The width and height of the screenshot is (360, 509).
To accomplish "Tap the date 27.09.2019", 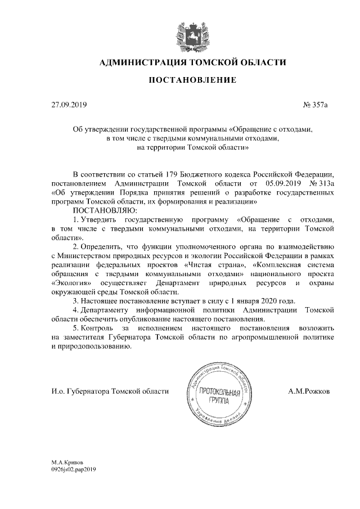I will pos(66,105).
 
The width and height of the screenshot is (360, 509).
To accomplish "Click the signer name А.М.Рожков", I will pos(309,391).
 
